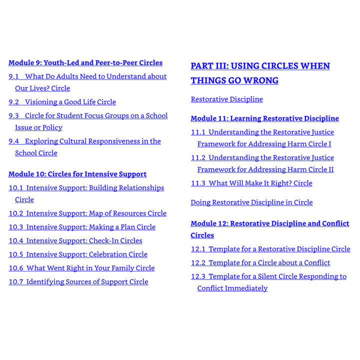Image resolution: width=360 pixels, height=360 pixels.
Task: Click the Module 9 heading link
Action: coord(85,63)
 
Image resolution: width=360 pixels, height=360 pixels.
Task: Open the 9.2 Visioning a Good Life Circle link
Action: coord(62,102)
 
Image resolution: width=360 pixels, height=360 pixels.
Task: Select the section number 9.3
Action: coord(14,115)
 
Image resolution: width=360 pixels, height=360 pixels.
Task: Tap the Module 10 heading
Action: coord(77,174)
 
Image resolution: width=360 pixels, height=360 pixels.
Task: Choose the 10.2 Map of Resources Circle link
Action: coord(87,213)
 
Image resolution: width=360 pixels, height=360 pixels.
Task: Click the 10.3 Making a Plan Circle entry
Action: coord(82,227)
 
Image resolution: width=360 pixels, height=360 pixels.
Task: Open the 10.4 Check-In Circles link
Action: coord(75,241)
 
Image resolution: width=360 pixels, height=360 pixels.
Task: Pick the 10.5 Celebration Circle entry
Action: coord(78,254)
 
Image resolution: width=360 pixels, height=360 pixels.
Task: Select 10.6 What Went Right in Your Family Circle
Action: coord(81,268)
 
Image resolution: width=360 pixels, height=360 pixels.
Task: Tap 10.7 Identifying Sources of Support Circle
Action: coord(78,282)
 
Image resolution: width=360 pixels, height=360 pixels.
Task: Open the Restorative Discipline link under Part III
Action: coord(226,99)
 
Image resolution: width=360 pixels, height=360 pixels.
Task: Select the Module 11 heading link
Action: coord(264,118)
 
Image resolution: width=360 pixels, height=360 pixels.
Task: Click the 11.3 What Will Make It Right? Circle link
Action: coord(251,183)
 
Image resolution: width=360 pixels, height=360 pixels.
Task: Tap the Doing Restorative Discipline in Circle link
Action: coord(251,202)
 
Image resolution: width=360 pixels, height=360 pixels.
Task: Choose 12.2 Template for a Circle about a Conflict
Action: coord(260,263)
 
